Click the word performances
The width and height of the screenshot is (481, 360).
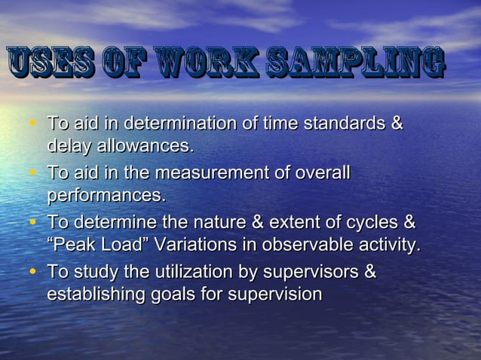pos(106,195)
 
